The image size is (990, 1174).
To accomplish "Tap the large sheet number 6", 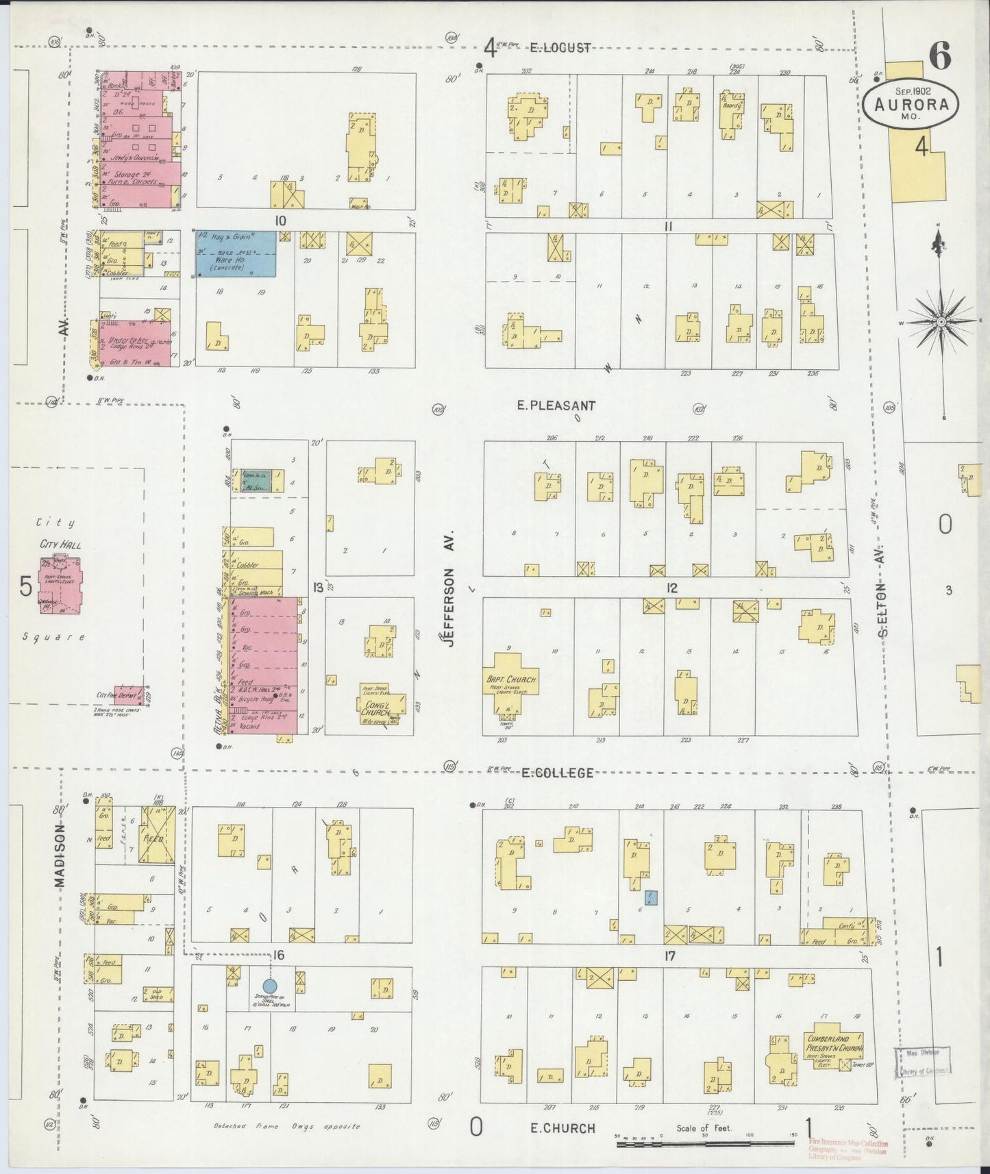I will [940, 55].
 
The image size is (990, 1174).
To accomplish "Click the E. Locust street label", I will [560, 48].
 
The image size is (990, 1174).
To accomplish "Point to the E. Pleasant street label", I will [556, 405].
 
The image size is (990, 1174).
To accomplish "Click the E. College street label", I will [557, 773].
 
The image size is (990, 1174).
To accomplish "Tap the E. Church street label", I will [561, 1128].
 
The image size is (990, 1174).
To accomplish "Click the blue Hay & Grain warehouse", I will [236, 254].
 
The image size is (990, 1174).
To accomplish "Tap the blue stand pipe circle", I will [270, 985].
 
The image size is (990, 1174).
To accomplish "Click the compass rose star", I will [941, 321].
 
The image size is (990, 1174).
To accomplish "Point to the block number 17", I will [669, 956].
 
